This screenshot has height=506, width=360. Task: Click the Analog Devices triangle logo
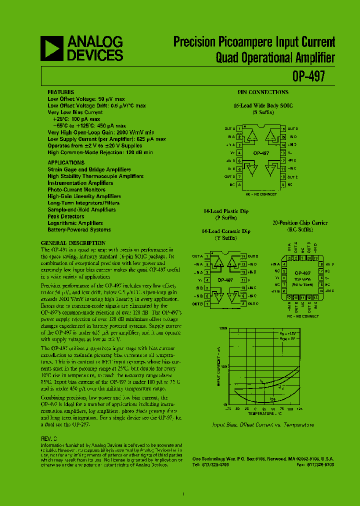(52, 48)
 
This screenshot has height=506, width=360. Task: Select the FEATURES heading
(60, 92)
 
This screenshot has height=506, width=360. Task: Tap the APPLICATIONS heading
(66, 162)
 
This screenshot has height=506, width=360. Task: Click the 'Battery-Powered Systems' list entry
(79, 230)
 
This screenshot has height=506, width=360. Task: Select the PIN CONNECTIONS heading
(262, 92)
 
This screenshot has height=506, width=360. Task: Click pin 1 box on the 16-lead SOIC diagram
(239, 128)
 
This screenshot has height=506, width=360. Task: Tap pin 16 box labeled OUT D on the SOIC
(283, 128)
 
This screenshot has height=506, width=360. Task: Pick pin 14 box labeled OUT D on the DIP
(243, 256)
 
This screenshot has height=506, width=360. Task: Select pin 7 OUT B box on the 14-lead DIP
(206, 303)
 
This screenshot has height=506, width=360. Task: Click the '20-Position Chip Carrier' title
(299, 222)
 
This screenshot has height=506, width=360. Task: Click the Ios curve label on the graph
(272, 399)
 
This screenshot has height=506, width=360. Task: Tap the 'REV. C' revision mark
(49, 438)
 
